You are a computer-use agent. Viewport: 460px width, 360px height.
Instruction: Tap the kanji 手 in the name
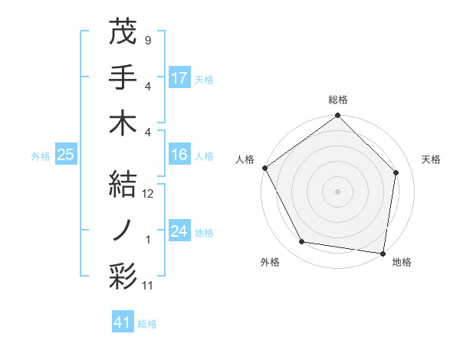pyautogui.click(x=123, y=77)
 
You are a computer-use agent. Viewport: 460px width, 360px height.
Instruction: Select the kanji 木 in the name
pyautogui.click(x=123, y=123)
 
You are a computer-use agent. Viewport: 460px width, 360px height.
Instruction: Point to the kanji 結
pyautogui.click(x=123, y=183)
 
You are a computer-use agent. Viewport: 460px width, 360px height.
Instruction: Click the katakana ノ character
pyautogui.click(x=123, y=229)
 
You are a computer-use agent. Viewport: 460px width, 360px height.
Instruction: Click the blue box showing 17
pyautogui.click(x=179, y=77)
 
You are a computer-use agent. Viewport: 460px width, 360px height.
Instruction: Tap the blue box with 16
pyautogui.click(x=179, y=155)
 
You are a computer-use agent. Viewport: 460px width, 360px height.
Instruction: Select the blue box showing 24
pyautogui.click(x=179, y=231)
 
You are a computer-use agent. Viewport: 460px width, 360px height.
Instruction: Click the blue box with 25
pyautogui.click(x=65, y=155)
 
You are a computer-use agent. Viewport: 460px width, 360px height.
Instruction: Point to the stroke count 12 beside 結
pyautogui.click(x=149, y=194)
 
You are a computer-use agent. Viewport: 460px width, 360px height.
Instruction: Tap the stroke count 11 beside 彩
pyautogui.click(x=149, y=286)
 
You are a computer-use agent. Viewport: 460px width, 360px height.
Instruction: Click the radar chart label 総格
pyautogui.click(x=338, y=100)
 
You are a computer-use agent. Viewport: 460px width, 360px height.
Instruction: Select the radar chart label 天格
pyautogui.click(x=431, y=159)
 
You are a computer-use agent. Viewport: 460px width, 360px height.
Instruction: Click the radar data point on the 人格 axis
pyautogui.click(x=265, y=168)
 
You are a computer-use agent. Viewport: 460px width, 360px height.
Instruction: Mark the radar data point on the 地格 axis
pyautogui.click(x=383, y=253)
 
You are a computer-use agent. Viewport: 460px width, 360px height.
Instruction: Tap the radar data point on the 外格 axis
pyautogui.click(x=302, y=242)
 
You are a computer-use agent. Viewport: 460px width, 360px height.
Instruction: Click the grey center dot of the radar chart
pyautogui.click(x=338, y=191)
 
